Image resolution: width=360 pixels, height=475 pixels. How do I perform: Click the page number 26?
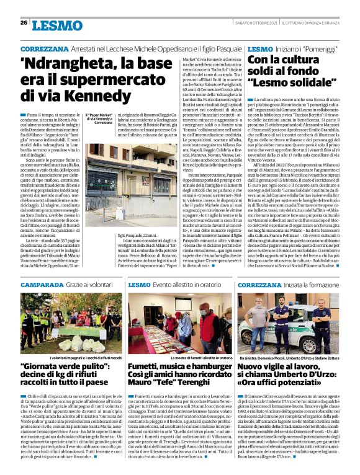[x=24, y=22]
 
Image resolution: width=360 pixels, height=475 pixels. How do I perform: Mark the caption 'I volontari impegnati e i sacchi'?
[x=78, y=358]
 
